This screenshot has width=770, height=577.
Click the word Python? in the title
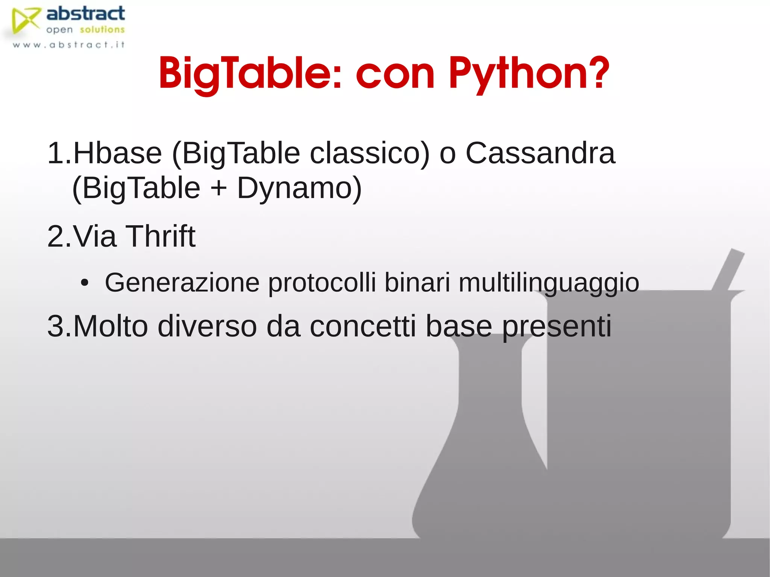point(528,73)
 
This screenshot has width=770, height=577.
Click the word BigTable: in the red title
point(250,73)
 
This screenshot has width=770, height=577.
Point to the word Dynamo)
point(299,188)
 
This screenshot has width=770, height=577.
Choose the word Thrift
point(160,236)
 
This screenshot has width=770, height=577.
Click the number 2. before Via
point(59,236)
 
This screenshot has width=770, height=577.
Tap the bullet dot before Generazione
point(85,283)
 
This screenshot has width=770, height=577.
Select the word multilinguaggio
point(549,283)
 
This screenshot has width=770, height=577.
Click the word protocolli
point(322,283)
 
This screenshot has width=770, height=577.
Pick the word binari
point(417,283)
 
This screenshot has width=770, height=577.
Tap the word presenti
point(556,326)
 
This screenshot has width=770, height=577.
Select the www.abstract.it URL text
point(68,45)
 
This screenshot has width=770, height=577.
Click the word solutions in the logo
point(102,30)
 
